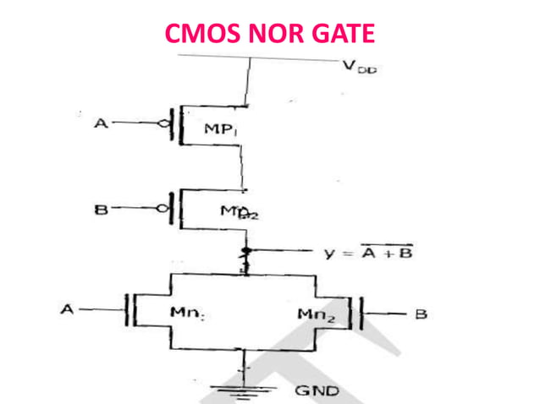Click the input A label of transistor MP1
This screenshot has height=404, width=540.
click(101, 125)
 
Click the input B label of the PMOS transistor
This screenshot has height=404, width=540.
click(100, 208)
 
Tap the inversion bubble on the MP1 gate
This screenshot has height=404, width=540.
click(165, 125)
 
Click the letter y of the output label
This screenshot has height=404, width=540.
click(329, 253)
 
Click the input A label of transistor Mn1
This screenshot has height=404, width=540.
click(67, 310)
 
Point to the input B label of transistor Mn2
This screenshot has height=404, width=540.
click(421, 314)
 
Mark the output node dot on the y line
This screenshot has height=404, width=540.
click(246, 252)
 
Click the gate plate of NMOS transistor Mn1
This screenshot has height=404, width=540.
click(128, 310)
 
